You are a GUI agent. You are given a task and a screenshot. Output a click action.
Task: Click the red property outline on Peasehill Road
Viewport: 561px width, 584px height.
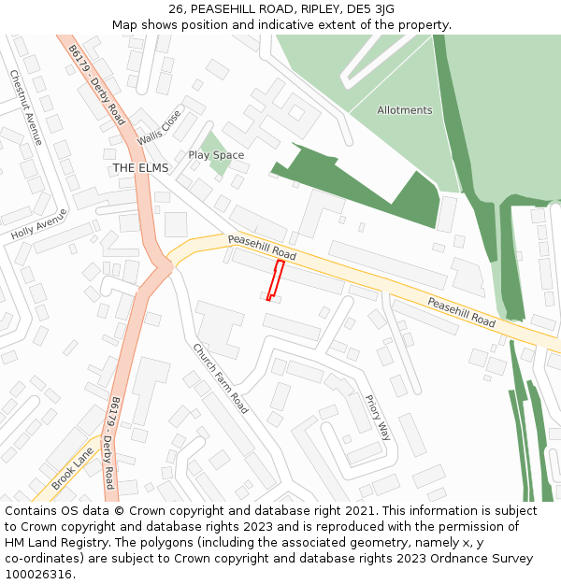[275, 280]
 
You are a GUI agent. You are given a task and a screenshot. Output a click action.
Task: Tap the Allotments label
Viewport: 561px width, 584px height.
[405, 110]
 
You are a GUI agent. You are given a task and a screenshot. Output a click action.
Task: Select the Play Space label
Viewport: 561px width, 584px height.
[216, 155]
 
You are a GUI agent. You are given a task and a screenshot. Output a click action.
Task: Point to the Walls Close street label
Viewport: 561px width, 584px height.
[159, 127]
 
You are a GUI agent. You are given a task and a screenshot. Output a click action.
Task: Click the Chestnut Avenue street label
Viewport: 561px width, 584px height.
[26, 107]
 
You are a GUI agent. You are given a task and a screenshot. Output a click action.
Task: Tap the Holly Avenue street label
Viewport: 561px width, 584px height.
[39, 225]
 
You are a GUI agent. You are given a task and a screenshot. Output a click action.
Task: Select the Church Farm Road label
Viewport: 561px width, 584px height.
[221, 378]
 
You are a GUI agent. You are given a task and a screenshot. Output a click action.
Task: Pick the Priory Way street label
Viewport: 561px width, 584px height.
[378, 417]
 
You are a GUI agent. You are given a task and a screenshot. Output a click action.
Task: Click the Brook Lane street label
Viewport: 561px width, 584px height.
[72, 467]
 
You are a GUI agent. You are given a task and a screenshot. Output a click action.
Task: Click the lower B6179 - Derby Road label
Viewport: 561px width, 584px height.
[112, 443]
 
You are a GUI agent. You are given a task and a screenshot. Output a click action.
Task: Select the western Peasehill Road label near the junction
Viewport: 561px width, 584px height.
[262, 248]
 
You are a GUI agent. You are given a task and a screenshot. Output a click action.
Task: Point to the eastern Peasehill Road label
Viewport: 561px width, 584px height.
[462, 312]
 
